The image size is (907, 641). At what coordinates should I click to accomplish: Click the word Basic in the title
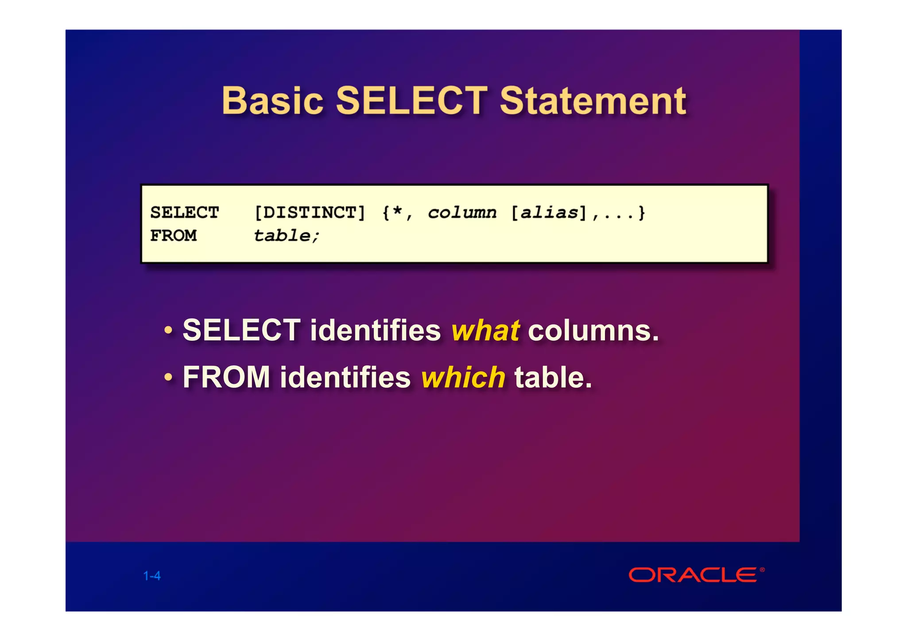(x=272, y=101)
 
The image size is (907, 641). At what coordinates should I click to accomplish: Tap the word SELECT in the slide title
(x=412, y=101)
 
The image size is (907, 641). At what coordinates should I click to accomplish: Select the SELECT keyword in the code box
(x=185, y=213)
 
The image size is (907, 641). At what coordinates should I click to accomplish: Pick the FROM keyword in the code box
(x=174, y=236)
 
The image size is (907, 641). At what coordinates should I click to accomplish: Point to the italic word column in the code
(x=462, y=213)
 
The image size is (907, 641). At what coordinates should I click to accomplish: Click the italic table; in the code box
(x=286, y=236)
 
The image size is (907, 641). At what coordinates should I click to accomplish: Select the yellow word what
(x=485, y=331)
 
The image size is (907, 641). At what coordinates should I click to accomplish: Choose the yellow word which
(x=463, y=378)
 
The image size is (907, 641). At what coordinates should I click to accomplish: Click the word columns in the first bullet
(x=593, y=331)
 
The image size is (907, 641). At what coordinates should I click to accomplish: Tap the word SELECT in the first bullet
(x=242, y=331)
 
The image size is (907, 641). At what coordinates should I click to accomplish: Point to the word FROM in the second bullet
(x=226, y=378)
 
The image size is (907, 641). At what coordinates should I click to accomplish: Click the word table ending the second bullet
(x=553, y=378)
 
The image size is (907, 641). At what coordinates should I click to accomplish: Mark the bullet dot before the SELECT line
(x=168, y=331)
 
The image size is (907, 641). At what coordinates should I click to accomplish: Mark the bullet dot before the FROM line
(x=168, y=378)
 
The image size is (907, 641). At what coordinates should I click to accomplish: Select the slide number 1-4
(x=152, y=576)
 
